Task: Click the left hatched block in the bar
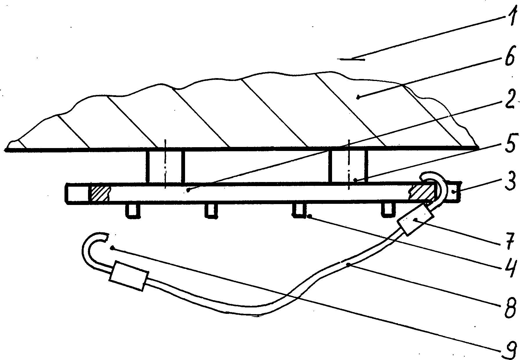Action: pyautogui.click(x=100, y=192)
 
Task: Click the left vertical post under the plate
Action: pyautogui.click(x=165, y=166)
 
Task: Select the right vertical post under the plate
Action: pyautogui.click(x=348, y=166)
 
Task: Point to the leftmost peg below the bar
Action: pyautogui.click(x=132, y=210)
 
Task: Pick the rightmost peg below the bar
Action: pyautogui.click(x=388, y=210)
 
